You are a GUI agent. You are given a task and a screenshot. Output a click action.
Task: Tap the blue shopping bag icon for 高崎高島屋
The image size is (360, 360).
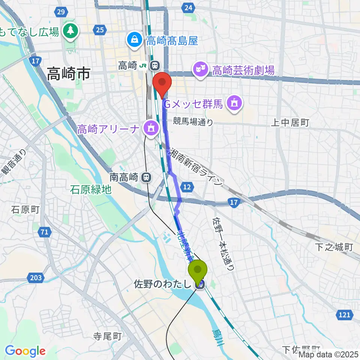tap(134, 40)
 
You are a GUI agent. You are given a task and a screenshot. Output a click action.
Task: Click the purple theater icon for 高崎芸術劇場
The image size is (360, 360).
tap(200, 70)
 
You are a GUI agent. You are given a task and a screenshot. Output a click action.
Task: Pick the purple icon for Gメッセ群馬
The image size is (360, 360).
tap(235, 102)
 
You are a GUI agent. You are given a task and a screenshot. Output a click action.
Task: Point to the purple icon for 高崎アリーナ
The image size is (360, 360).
tap(151, 129)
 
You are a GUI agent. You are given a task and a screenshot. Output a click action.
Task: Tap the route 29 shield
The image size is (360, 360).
tap(61, 12)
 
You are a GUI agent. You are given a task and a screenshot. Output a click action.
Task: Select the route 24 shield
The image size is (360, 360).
tap(189, 7)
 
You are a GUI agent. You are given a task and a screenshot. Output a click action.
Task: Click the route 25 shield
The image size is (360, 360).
tap(100, 30)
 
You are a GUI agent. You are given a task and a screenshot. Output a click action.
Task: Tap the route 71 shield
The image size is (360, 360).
tap(45, 232)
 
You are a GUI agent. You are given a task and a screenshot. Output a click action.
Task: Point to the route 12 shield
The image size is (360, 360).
tap(187, 186)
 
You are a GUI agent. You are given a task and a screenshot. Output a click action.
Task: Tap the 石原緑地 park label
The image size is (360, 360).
tap(91, 190)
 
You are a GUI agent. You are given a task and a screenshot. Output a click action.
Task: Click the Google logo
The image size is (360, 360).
tap(25, 351)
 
